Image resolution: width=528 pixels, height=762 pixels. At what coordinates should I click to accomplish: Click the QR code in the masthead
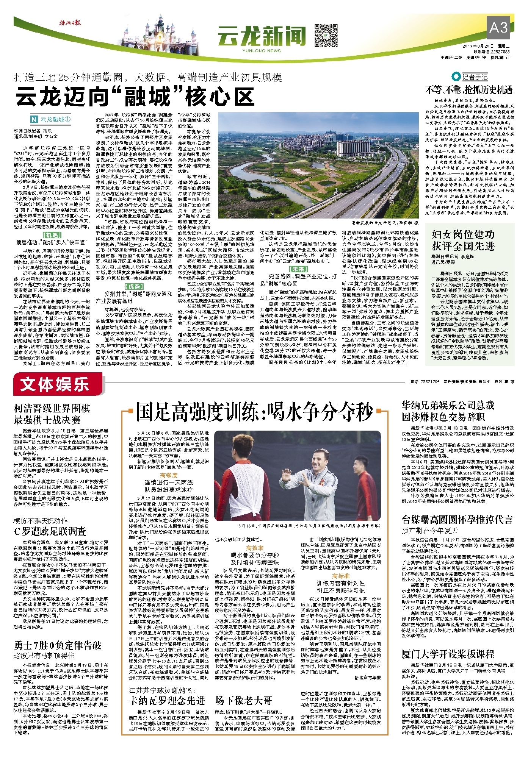click(x=326, y=35)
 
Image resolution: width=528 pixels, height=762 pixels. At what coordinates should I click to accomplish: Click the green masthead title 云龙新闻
click(x=261, y=37)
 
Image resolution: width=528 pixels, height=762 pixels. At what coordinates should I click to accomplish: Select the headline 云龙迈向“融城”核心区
click(x=135, y=97)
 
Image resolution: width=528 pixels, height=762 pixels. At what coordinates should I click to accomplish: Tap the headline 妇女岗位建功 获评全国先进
click(x=463, y=240)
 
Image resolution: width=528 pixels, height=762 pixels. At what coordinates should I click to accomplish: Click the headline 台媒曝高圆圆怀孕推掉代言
click(x=457, y=519)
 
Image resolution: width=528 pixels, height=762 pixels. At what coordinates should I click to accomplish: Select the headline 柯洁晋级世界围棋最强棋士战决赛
click(x=52, y=414)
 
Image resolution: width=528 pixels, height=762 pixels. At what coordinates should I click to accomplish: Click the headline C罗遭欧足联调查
click(x=50, y=531)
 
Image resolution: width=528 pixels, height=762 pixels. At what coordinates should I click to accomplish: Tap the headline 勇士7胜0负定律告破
click(x=58, y=645)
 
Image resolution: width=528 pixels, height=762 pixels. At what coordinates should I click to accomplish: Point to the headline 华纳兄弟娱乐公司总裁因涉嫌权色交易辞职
click(x=448, y=411)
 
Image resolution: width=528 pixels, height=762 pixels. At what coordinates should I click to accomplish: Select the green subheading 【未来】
click(x=298, y=269)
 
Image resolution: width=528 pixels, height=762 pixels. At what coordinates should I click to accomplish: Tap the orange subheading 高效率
click(x=255, y=548)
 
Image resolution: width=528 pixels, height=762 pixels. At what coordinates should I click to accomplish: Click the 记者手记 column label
click(x=474, y=77)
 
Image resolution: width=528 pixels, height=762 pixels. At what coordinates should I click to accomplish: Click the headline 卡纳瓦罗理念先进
click(x=167, y=700)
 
